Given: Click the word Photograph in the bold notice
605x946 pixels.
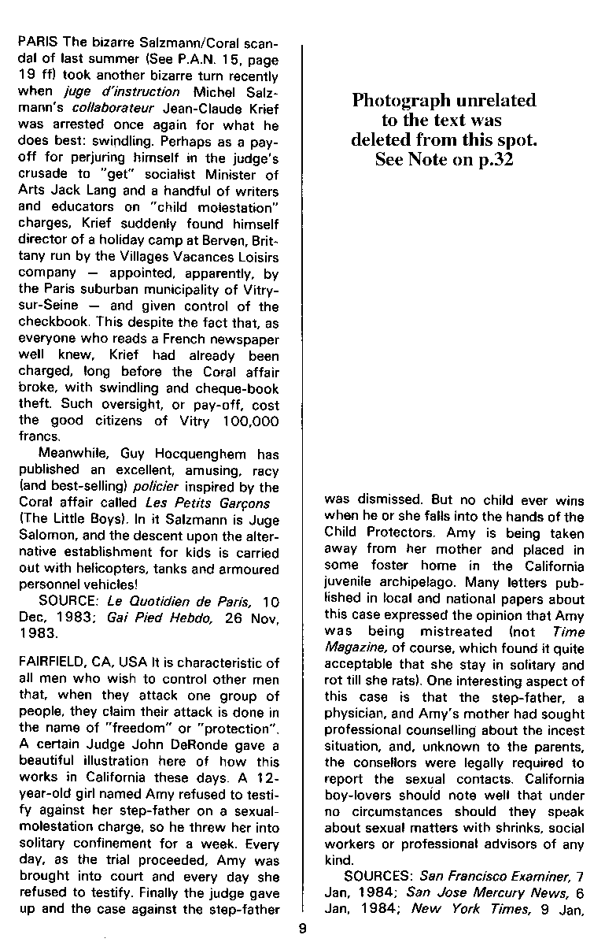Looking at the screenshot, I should (x=400, y=101).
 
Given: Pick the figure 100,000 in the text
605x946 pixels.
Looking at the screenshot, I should (x=247, y=421).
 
